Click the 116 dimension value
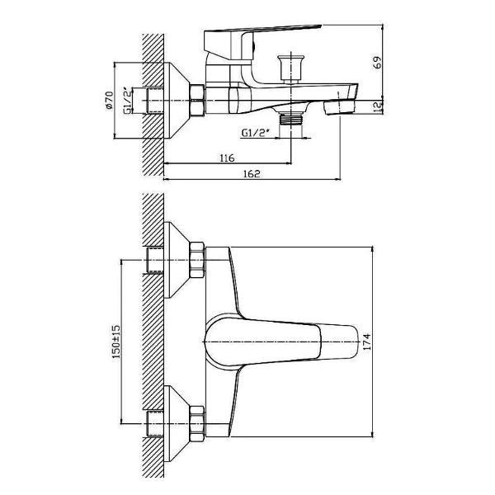228,158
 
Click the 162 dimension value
252,173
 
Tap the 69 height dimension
378,62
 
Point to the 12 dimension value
378,106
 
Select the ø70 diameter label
109,101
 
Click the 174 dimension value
367,342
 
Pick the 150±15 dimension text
116,342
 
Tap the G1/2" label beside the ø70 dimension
127,101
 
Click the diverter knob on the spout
290,68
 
